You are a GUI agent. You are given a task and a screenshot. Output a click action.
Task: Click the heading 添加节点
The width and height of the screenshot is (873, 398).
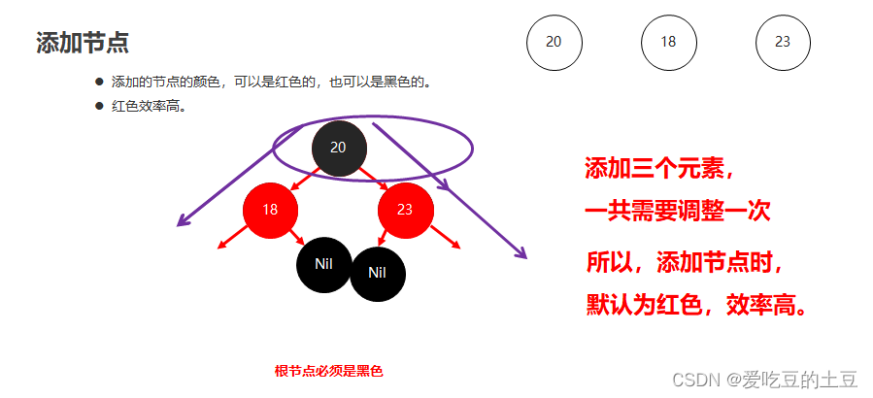click(83, 43)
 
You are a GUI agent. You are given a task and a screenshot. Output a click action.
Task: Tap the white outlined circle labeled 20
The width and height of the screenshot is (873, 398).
click(554, 42)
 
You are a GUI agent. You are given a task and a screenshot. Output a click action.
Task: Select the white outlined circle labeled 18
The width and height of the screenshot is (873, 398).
click(668, 42)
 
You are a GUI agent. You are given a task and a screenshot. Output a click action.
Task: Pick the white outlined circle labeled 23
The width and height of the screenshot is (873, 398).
click(783, 42)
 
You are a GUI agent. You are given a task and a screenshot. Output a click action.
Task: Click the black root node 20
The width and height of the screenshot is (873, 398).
click(338, 148)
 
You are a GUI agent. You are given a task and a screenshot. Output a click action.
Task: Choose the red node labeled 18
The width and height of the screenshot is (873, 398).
click(270, 210)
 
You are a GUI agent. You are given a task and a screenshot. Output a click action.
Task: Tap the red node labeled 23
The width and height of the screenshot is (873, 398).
click(405, 210)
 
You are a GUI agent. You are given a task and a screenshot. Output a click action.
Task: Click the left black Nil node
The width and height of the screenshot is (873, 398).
click(323, 263)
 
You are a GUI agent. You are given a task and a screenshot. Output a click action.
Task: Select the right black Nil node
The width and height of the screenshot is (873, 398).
click(378, 273)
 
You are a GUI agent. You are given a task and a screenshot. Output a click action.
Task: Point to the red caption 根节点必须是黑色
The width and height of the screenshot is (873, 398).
click(328, 371)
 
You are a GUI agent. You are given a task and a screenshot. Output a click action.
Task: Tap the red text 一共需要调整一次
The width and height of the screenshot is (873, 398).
click(677, 212)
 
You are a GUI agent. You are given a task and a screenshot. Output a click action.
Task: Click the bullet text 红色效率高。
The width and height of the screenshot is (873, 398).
click(150, 106)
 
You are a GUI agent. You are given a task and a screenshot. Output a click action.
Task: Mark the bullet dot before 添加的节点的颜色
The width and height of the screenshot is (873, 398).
click(98, 82)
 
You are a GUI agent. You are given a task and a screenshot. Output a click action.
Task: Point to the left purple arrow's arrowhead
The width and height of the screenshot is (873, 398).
click(180, 224)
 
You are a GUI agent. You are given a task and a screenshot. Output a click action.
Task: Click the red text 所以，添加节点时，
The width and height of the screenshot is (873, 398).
click(685, 263)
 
